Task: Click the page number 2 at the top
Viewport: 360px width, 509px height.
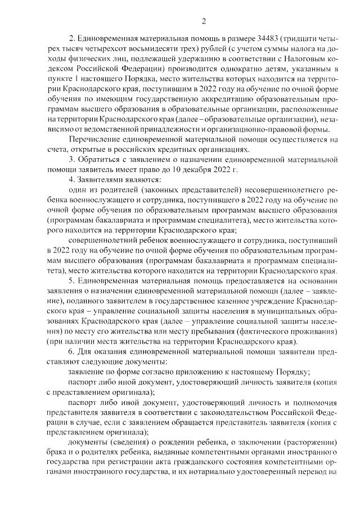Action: coord(204,21)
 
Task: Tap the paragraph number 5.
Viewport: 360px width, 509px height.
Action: coord(70,280)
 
